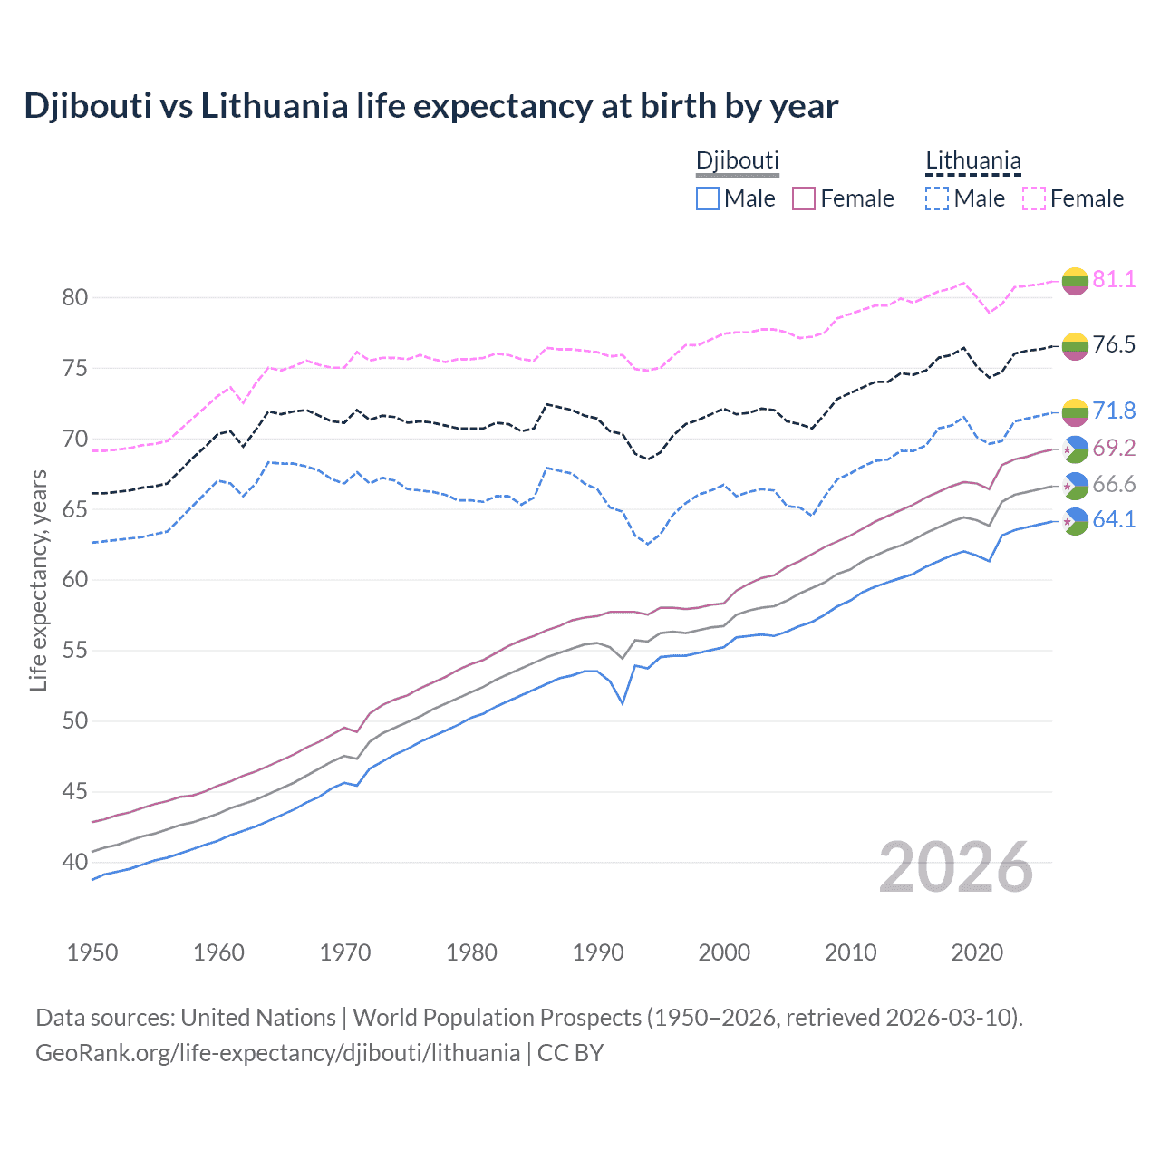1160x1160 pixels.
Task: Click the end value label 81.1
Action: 1114,279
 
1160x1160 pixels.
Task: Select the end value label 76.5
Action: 1114,344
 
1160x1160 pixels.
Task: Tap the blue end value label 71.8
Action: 1114,411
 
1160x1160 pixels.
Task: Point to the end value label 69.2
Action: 1114,448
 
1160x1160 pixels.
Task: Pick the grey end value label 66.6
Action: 1114,485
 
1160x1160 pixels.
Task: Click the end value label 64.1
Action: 1114,520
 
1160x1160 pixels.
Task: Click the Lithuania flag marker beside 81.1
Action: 1075,281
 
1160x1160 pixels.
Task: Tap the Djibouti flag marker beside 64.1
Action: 1075,522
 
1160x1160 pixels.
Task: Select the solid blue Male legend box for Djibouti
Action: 708,198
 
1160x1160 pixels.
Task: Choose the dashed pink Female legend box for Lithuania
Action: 1034,198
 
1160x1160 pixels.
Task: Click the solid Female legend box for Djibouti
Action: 804,198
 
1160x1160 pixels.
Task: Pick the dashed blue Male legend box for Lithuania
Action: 937,198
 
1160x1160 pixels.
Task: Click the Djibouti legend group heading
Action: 737,161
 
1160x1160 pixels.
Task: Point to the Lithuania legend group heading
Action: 972,161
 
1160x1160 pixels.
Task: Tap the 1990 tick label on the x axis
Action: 598,952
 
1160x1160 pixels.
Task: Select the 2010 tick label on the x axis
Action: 850,952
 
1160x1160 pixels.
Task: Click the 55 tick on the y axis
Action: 74,650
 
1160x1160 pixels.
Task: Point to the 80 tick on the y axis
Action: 74,297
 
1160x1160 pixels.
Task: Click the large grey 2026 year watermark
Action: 956,867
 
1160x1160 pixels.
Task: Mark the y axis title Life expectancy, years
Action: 38,580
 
